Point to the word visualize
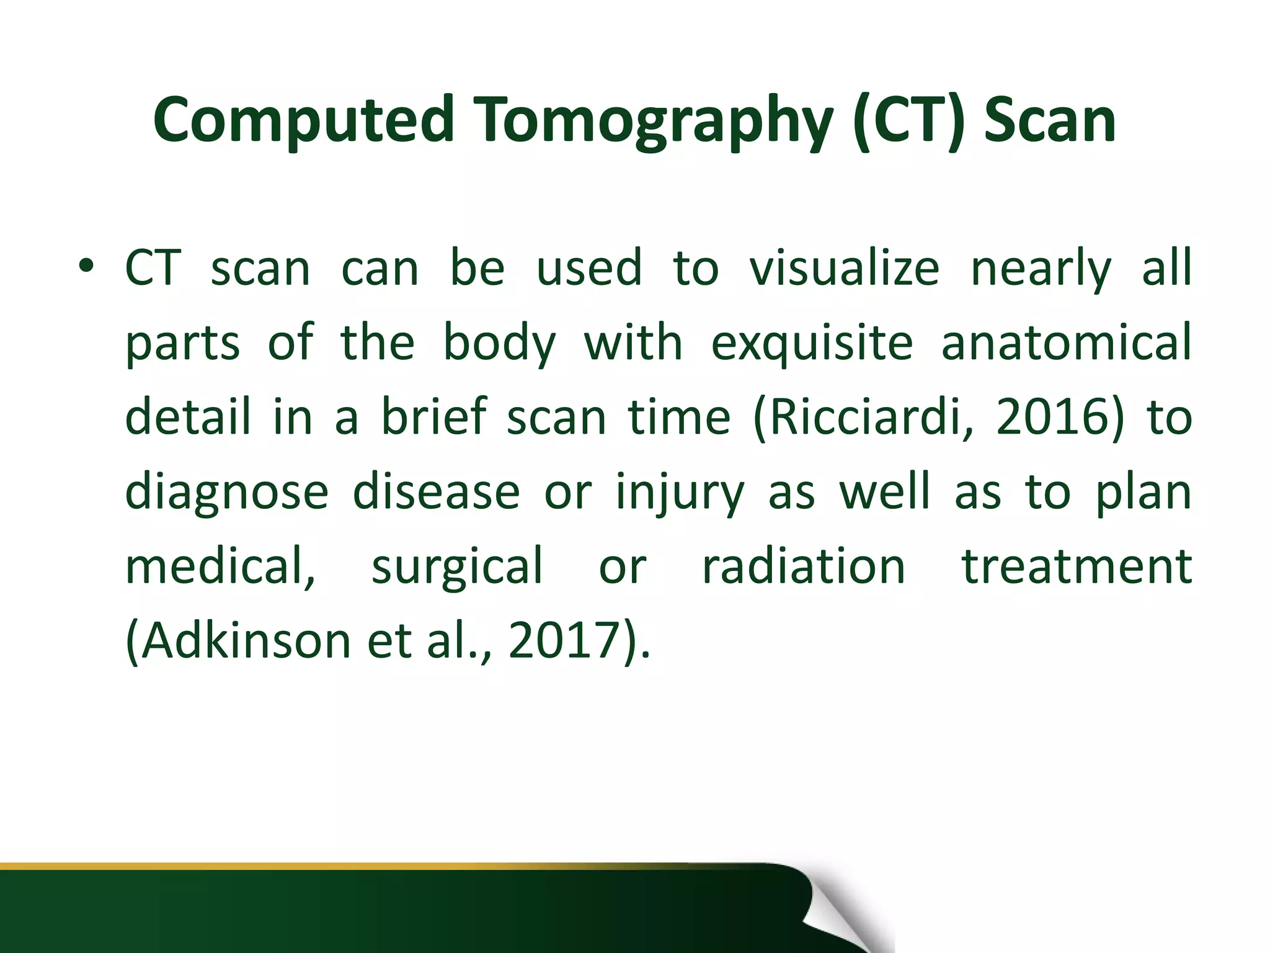click(845, 267)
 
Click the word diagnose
click(226, 492)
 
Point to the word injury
click(680, 492)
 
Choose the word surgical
click(457, 566)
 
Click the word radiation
click(804, 566)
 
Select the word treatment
click(1077, 566)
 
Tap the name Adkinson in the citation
click(245, 640)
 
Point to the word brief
click(433, 416)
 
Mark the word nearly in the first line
click(1041, 267)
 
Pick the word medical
click(220, 566)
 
